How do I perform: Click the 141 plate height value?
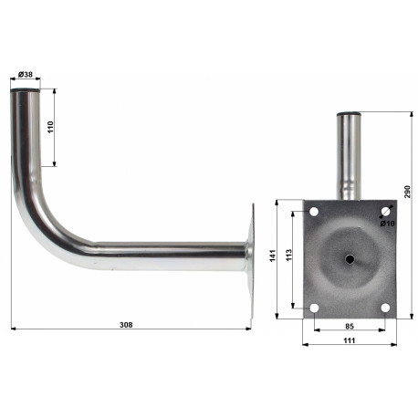[x=273, y=259]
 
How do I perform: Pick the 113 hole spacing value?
[x=288, y=258]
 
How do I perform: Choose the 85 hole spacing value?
[x=349, y=325]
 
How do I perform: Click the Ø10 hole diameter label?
[x=387, y=223]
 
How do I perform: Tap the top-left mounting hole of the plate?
[x=314, y=213]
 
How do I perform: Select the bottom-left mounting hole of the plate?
[x=314, y=307]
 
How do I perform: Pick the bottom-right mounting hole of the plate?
[x=385, y=307]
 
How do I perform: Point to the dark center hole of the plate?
[x=350, y=259]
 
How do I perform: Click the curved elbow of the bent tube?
[x=41, y=219]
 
